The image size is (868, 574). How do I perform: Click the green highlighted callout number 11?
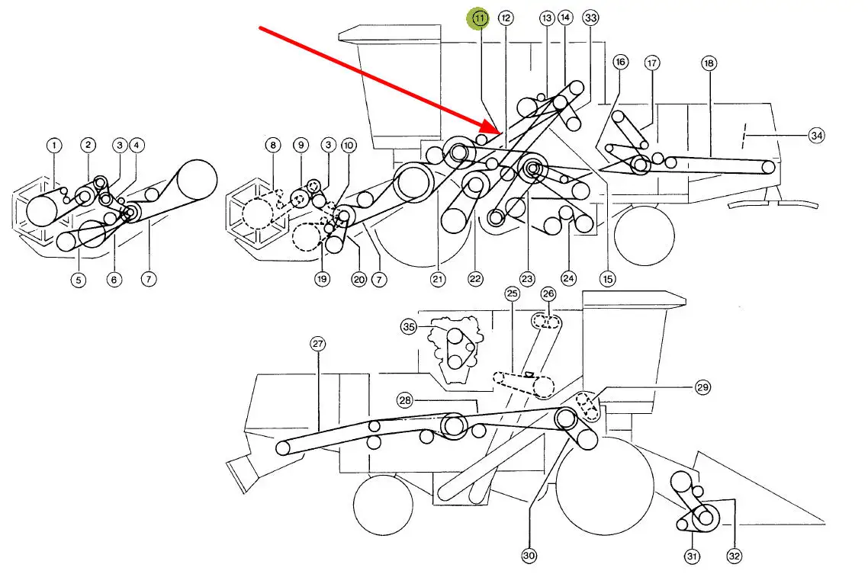click(x=479, y=18)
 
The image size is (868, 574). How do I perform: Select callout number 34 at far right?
click(x=817, y=135)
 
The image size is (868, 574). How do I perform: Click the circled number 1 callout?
click(x=53, y=146)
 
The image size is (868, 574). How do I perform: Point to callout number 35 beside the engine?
click(x=409, y=327)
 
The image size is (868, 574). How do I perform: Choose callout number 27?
click(x=317, y=344)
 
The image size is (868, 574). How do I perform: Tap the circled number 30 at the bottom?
click(x=529, y=556)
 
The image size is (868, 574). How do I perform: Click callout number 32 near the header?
click(x=734, y=556)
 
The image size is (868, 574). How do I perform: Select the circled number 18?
click(x=709, y=63)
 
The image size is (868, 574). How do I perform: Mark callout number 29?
click(x=702, y=387)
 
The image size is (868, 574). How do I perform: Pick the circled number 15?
click(x=607, y=279)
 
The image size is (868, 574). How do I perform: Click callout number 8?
click(x=273, y=146)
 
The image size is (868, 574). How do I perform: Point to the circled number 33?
click(x=590, y=18)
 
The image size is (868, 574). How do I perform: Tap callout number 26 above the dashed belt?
click(x=548, y=293)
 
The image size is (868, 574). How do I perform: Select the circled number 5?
click(x=79, y=280)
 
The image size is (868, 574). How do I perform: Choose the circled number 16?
click(x=620, y=62)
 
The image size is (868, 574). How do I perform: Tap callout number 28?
click(x=405, y=399)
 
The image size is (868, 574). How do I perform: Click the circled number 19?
click(x=322, y=279)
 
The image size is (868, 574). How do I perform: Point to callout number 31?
click(x=692, y=556)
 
